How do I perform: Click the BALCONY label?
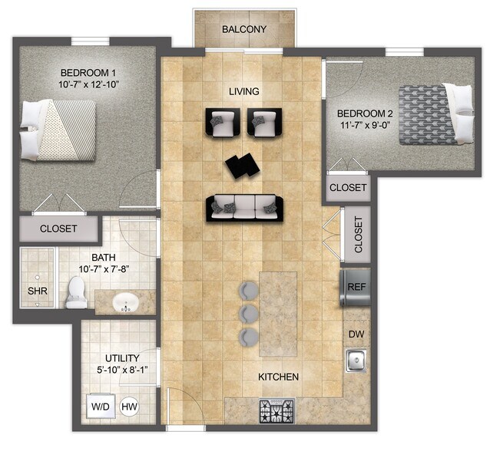[243, 30]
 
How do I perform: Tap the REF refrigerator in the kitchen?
[356, 286]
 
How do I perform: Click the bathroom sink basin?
[125, 302]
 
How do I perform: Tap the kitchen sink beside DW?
[356, 359]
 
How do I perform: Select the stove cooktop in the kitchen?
[276, 412]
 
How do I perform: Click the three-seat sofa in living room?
[244, 207]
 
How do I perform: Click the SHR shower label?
[38, 291]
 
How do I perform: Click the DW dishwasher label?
[356, 334]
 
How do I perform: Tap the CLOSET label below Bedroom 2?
[348, 188]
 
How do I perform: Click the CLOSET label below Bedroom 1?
[58, 229]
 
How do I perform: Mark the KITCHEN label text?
[278, 377]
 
